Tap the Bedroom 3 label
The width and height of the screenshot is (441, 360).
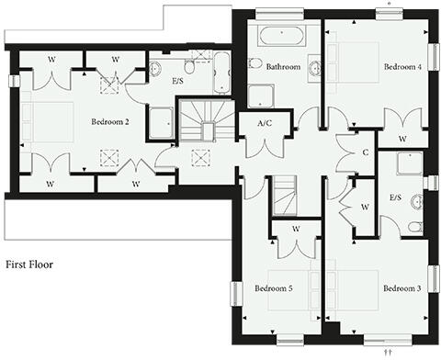click(401, 288)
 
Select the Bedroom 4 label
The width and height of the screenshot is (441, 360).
click(401, 67)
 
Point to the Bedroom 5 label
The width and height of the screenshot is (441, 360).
click(273, 288)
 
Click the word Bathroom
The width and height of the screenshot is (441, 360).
click(284, 67)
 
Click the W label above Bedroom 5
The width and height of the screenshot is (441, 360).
click(296, 228)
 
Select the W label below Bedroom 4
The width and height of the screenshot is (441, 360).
click(401, 139)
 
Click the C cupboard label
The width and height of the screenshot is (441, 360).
click(365, 153)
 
